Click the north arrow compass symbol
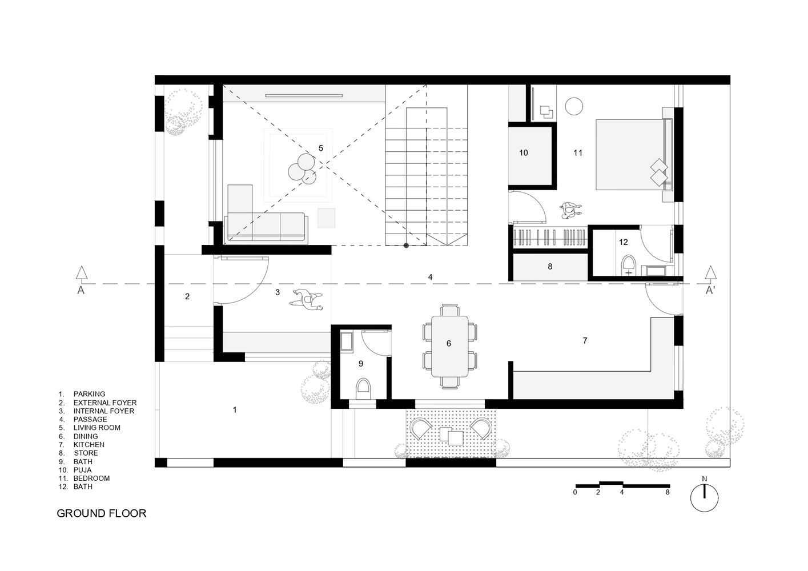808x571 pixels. pos(704,497)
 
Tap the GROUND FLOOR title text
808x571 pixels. pos(101,513)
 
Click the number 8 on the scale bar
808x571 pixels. pos(667,492)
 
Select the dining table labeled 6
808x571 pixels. pos(449,346)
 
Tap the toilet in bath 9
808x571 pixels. pos(363,390)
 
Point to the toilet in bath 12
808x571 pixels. pos(629,266)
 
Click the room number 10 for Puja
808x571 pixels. pos(524,152)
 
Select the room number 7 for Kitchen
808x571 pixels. pos(585,341)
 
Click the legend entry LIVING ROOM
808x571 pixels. pos(97,428)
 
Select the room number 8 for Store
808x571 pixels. pos(550,266)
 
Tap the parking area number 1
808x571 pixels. pos(235,409)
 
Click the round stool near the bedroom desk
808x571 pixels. pos(574,106)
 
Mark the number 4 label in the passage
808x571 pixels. pos(430,277)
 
